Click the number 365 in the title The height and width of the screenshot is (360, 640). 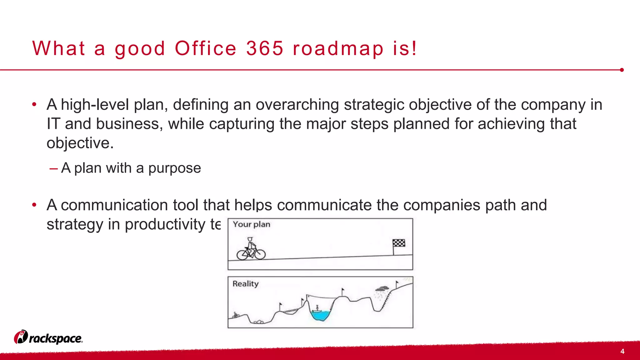click(265, 48)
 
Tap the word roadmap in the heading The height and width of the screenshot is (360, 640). click(338, 49)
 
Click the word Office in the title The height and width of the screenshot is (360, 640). click(206, 48)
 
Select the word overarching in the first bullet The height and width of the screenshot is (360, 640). click(297, 104)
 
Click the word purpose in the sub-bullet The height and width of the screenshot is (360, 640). click(174, 168)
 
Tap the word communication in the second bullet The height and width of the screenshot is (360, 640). click(114, 205)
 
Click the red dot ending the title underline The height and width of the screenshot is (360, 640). click(622, 70)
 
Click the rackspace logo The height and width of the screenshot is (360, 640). click(48, 337)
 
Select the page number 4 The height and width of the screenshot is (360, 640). click(622, 351)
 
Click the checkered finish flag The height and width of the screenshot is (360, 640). click(399, 243)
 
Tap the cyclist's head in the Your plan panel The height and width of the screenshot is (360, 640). click(250, 239)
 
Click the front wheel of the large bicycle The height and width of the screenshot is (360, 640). click(260, 254)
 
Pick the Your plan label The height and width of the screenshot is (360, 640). click(251, 224)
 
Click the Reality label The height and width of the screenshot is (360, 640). click(245, 284)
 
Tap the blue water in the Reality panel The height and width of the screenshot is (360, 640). click(321, 315)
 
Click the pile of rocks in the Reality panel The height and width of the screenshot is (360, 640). click(258, 322)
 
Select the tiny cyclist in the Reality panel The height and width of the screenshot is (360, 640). click(236, 315)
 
